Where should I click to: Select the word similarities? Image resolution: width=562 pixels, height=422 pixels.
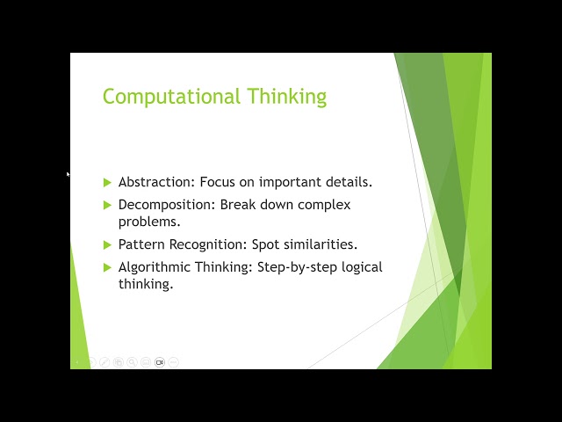(321, 244)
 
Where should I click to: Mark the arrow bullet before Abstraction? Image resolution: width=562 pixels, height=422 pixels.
(108, 182)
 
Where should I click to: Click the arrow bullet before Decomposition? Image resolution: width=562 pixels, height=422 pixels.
(108, 205)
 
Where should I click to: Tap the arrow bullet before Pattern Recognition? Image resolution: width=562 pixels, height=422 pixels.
(108, 244)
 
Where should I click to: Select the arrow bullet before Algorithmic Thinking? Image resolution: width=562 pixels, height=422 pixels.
(108, 267)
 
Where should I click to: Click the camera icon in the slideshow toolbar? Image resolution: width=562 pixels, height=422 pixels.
(160, 362)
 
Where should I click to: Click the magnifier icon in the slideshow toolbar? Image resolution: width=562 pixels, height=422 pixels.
(132, 362)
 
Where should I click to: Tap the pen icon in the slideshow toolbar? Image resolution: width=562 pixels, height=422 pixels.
(104, 362)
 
